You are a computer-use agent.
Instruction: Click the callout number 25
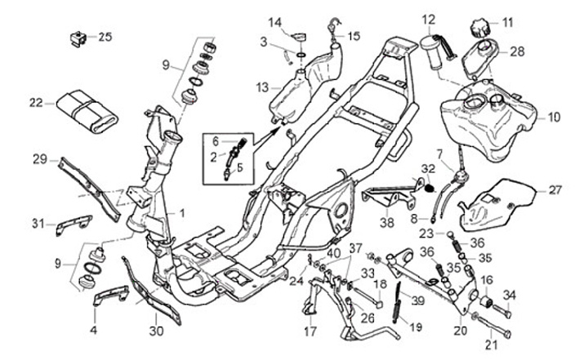106,37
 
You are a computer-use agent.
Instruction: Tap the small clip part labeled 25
79,38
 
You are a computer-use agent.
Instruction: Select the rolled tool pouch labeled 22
85,109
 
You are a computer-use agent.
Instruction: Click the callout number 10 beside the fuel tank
555,118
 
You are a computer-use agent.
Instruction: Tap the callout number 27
555,190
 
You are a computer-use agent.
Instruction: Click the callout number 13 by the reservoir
261,87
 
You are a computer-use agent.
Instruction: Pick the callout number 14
275,21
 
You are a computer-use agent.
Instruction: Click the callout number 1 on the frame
182,212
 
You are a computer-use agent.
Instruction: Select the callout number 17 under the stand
310,331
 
